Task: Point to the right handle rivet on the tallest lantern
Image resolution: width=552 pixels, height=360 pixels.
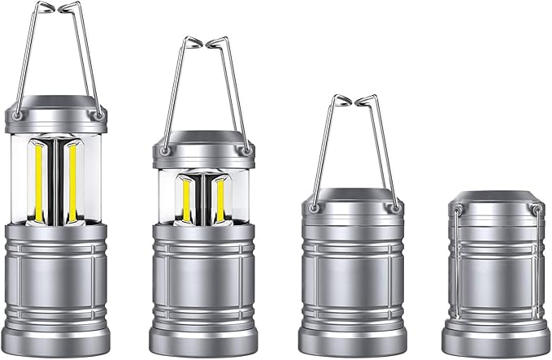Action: point(98,116)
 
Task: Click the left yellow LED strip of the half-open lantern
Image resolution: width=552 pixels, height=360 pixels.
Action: point(186,199)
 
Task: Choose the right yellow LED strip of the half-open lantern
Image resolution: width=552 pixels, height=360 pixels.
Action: point(219,199)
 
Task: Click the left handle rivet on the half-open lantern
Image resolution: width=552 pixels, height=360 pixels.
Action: point(165,150)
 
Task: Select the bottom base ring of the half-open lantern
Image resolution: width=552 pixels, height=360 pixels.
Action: point(203,341)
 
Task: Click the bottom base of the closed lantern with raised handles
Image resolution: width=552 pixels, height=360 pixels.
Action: point(351,341)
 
